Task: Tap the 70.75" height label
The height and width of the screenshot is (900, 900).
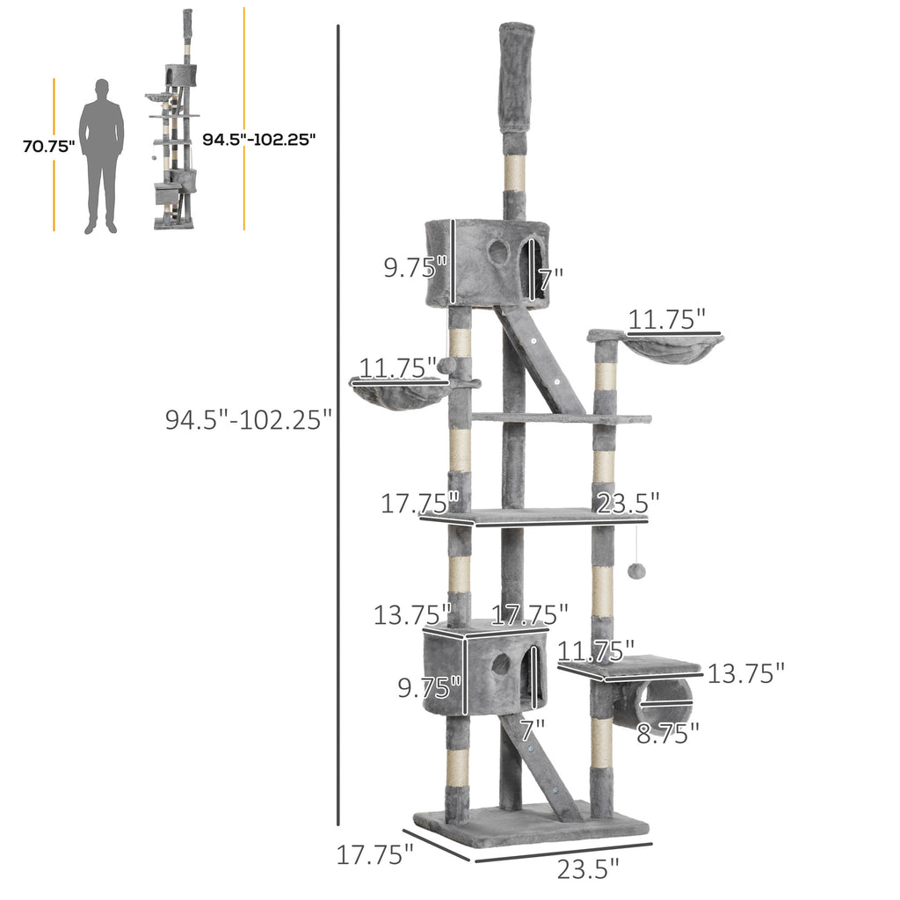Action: tap(47, 147)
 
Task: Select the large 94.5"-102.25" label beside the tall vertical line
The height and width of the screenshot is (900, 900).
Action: tap(248, 418)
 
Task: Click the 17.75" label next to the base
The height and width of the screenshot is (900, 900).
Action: tap(374, 853)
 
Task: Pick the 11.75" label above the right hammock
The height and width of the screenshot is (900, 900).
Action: tap(667, 320)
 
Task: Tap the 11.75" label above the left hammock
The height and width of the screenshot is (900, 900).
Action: tap(397, 367)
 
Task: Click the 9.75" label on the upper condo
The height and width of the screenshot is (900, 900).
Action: tap(416, 265)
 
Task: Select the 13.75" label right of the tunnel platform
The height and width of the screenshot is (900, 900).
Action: tap(745, 673)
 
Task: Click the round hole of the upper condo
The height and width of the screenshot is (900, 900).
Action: tap(498, 252)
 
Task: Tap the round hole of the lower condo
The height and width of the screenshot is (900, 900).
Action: tap(499, 664)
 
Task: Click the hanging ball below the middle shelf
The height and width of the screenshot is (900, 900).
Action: tap(636, 570)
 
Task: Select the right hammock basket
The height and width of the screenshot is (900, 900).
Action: tap(671, 350)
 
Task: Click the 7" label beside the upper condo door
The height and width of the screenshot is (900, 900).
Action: tap(551, 279)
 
